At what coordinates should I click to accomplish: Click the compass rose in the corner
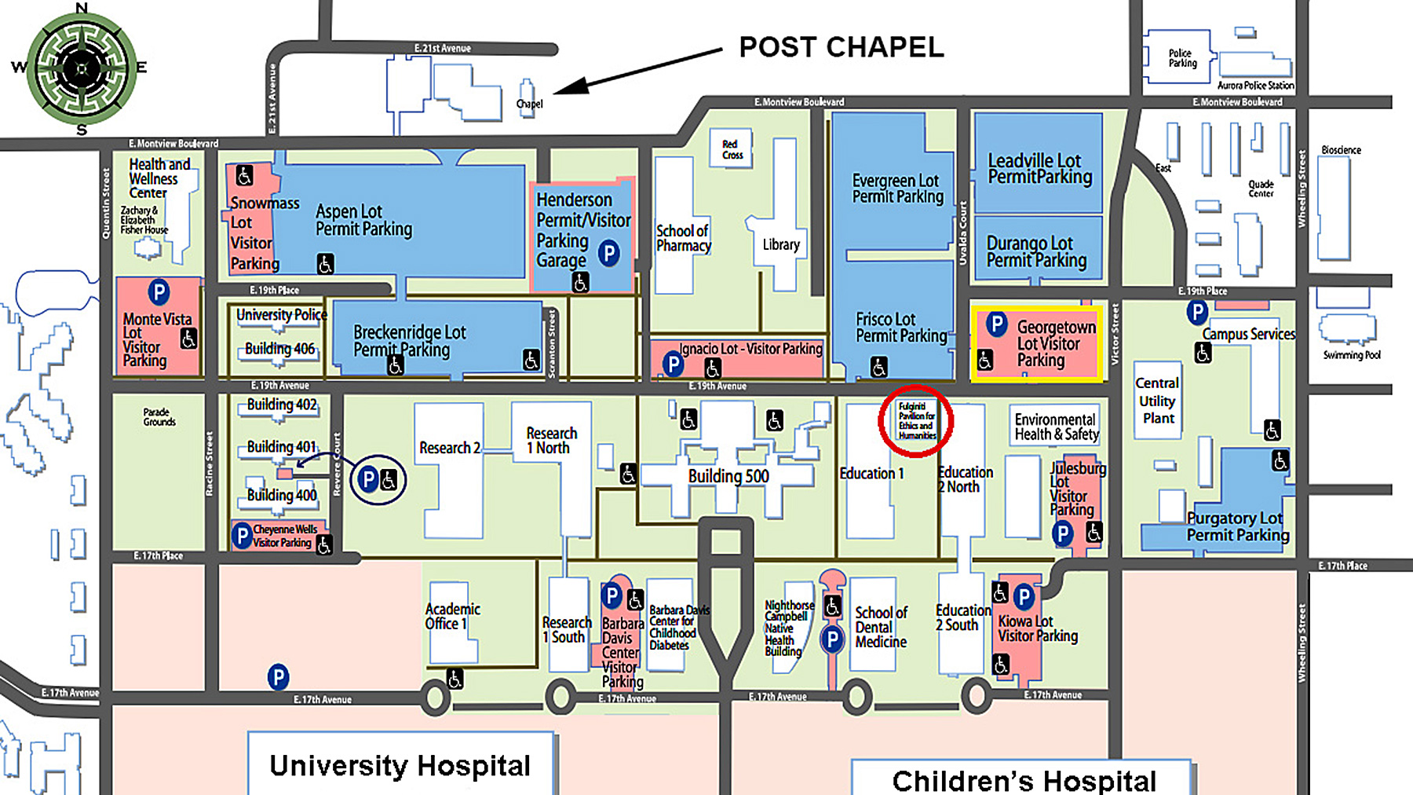82,69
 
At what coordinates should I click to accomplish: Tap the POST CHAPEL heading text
841,47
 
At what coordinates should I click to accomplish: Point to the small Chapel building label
529,104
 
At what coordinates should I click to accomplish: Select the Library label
781,244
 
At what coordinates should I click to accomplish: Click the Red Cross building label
732,149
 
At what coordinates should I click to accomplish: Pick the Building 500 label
728,476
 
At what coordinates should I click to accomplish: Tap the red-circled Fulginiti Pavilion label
917,421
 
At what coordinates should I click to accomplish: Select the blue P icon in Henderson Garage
608,253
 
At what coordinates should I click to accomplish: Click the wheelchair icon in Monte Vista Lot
188,339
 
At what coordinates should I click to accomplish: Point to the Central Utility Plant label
1158,401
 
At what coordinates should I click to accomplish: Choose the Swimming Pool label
1351,355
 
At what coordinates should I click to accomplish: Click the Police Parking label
1181,59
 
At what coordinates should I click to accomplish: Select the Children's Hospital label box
1024,780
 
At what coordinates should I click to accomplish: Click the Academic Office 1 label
452,616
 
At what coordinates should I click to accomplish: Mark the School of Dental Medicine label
881,627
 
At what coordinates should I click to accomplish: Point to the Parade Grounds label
159,416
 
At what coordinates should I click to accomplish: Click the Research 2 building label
450,448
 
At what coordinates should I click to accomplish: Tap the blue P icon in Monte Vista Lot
159,292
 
